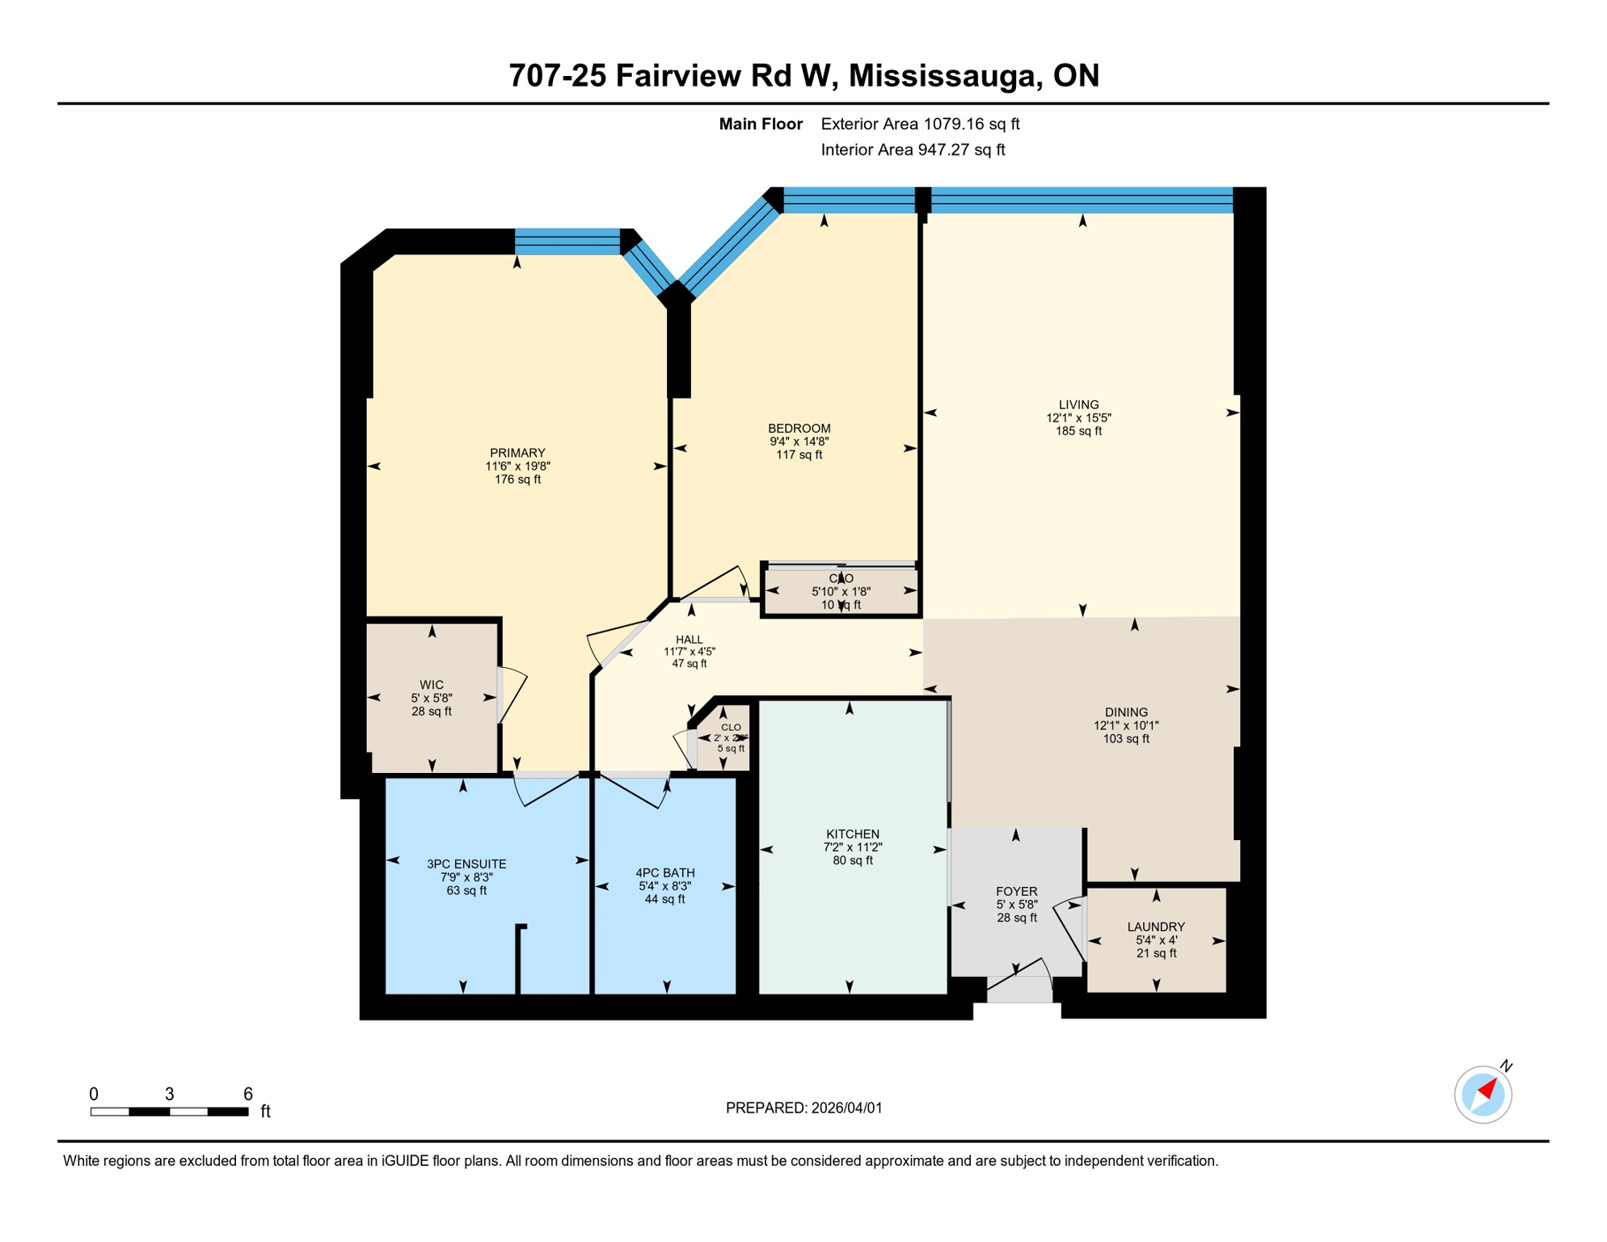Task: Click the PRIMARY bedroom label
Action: coord(517,453)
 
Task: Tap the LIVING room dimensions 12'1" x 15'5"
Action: coord(1078,418)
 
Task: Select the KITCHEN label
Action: coord(852,834)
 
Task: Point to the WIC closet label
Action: coord(431,685)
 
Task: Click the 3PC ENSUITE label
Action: coord(466,864)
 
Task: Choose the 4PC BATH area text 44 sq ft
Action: coord(664,899)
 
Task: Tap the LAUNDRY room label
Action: coord(1156,927)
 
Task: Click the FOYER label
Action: coord(1016,891)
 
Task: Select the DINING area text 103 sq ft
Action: coord(1125,739)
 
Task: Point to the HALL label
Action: coord(689,640)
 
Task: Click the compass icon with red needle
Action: coord(1483,1094)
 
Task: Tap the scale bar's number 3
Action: coord(169,1094)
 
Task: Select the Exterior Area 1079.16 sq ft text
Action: coord(920,124)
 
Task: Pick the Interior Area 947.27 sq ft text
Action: coord(913,150)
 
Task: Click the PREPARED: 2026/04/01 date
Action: coord(803,1108)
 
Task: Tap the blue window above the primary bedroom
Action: coord(567,241)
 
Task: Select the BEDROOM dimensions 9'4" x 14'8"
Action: coord(799,441)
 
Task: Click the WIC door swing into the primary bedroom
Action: coord(512,694)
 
